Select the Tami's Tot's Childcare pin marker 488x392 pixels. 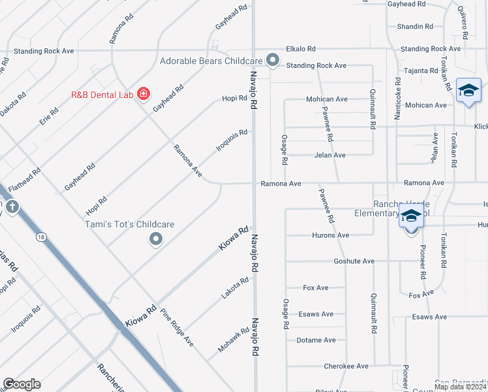point(155,240)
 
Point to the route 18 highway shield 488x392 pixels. point(42,237)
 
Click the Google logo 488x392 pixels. point(22,384)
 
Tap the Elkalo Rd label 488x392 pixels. point(301,48)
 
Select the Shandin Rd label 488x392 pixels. point(415,27)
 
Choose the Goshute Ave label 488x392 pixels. point(354,261)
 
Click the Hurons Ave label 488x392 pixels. point(331,235)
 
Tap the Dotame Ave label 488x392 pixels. point(316,340)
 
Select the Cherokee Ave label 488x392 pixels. point(346,367)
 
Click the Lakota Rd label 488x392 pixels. point(235,288)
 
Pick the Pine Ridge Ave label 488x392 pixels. point(177,327)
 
